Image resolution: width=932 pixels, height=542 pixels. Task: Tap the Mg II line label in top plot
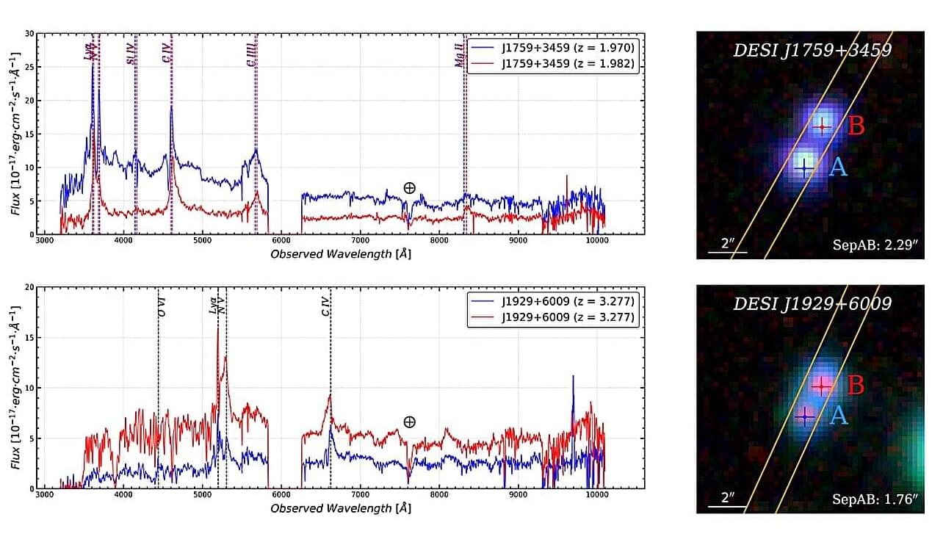[459, 54]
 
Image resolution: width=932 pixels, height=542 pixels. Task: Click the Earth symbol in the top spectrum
[409, 187]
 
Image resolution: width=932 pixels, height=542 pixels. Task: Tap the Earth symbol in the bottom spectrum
[409, 422]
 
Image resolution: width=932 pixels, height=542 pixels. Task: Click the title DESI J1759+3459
[812, 51]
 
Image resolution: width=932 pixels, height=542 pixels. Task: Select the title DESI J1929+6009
[812, 303]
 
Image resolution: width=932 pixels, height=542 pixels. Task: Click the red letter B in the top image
[856, 126]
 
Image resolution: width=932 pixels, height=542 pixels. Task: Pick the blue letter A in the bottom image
[838, 416]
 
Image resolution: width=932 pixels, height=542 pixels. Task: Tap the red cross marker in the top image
[822, 127]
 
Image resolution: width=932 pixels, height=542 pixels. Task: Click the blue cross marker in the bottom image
[806, 416]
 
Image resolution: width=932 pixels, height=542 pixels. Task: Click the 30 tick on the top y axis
[29, 33]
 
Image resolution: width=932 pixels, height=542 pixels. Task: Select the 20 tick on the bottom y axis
[29, 286]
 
